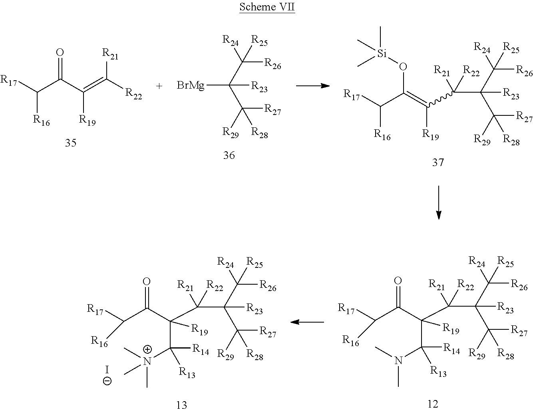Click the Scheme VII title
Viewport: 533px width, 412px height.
(x=267, y=7)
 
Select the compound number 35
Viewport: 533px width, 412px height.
(x=71, y=143)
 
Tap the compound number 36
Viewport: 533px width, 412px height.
(x=229, y=155)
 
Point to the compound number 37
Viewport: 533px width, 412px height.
(x=438, y=162)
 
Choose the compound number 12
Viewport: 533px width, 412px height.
(x=433, y=404)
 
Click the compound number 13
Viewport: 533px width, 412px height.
(x=181, y=405)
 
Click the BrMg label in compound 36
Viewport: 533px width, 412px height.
(x=191, y=85)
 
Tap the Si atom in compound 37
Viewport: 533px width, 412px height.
(x=382, y=53)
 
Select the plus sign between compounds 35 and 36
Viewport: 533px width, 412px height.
(x=159, y=86)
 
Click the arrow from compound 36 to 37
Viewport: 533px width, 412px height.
(x=313, y=86)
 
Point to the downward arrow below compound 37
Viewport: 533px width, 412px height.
(x=438, y=202)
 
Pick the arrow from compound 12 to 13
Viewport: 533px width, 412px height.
(x=307, y=322)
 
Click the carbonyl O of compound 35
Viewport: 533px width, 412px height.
(x=60, y=52)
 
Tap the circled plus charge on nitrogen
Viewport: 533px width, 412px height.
(x=147, y=349)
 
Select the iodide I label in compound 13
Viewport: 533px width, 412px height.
(x=107, y=369)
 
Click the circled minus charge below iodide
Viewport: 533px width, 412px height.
(x=107, y=381)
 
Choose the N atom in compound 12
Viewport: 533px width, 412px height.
(x=398, y=360)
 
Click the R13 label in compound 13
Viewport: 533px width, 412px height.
(x=187, y=372)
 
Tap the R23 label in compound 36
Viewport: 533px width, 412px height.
(x=259, y=87)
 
